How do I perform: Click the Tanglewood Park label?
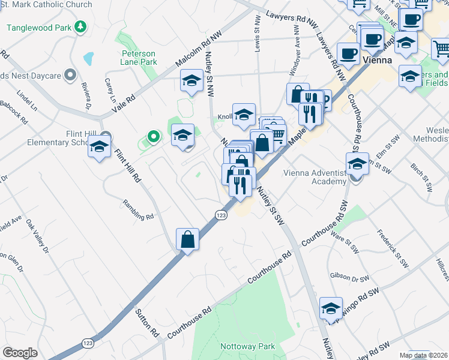[x=39, y=27]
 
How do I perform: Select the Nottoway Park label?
[x=247, y=346]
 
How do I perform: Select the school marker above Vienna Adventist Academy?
[x=357, y=163]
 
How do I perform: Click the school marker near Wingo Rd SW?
[x=330, y=308]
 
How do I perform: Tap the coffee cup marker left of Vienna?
[x=348, y=53]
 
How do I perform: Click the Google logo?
[x=20, y=353]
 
